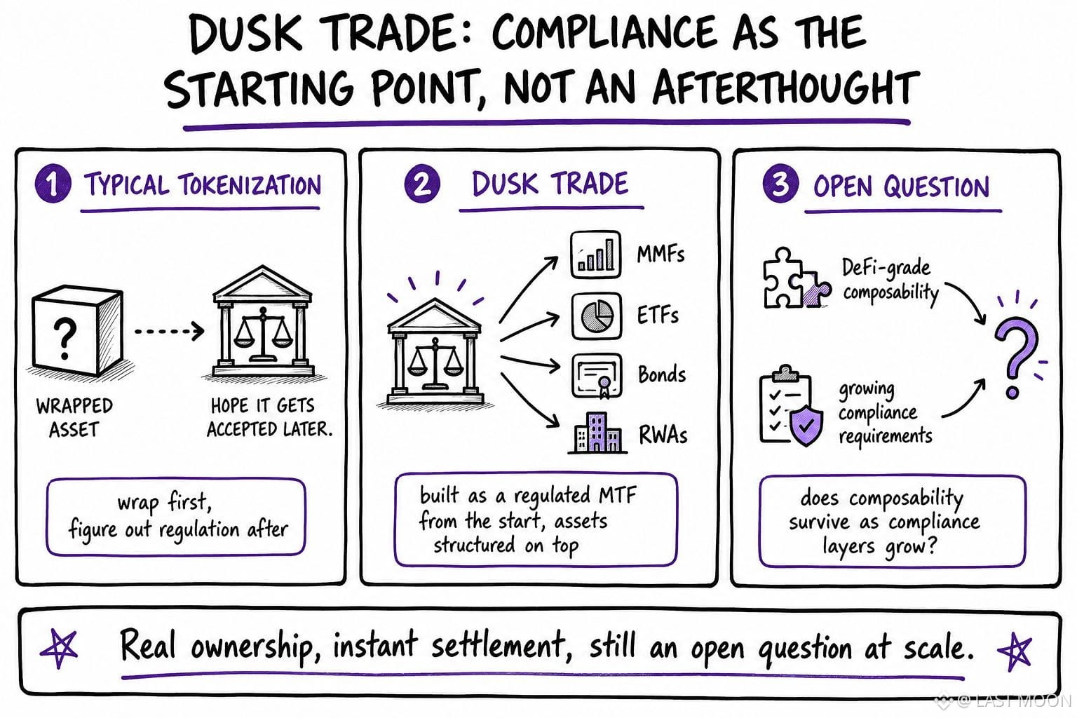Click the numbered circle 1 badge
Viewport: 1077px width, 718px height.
(53, 183)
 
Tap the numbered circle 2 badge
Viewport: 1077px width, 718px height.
(422, 184)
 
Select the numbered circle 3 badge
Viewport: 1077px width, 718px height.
(780, 184)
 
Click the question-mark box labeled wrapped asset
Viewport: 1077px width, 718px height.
(77, 331)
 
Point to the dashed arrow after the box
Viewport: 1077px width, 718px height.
(169, 331)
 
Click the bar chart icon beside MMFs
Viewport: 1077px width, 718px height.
(596, 255)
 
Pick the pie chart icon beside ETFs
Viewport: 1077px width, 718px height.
(596, 316)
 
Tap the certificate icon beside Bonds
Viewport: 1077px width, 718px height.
(597, 376)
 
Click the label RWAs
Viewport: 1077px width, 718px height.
(663, 435)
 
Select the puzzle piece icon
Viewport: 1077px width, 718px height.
(797, 278)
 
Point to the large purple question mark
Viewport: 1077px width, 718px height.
(1015, 357)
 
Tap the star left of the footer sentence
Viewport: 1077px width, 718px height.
(59, 649)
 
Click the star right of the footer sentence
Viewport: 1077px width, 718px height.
(1015, 650)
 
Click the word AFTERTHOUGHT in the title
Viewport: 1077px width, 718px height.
(785, 88)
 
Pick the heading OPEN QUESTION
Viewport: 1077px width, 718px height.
(902, 187)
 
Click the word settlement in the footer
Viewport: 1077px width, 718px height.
(497, 646)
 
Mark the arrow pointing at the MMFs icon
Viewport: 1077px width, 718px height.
(527, 289)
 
